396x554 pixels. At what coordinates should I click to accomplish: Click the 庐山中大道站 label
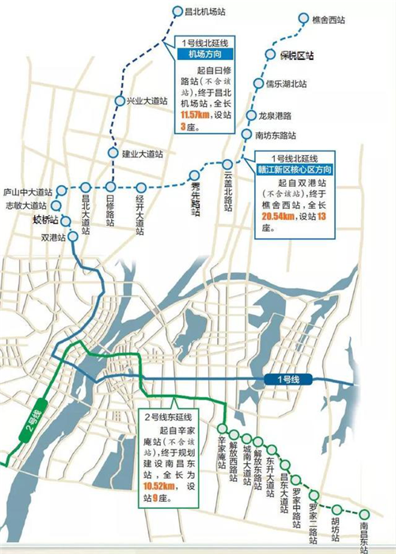[x=26, y=192]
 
